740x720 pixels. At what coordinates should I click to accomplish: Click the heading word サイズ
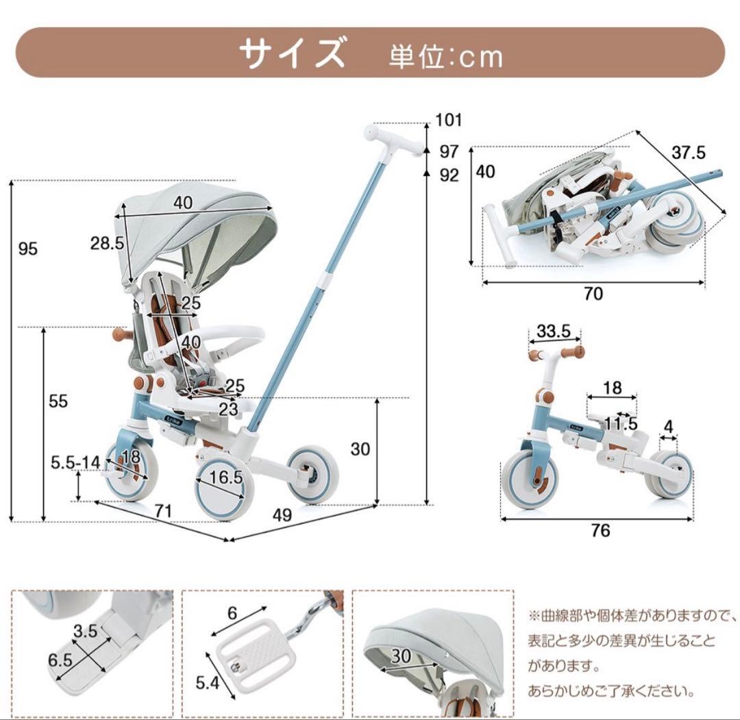pyautogui.click(x=292, y=53)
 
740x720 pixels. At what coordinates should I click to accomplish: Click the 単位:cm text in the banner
pyautogui.click(x=445, y=57)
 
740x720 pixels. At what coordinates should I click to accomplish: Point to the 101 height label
pyautogui.click(x=449, y=121)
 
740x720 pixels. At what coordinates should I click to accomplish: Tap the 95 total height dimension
pyautogui.click(x=27, y=249)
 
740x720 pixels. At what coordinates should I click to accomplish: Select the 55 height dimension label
pyautogui.click(x=58, y=401)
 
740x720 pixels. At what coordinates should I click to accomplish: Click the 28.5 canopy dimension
pyautogui.click(x=106, y=243)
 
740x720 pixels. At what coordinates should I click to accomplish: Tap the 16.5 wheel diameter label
pyautogui.click(x=226, y=477)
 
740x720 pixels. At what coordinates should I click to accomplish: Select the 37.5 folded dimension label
pyautogui.click(x=688, y=153)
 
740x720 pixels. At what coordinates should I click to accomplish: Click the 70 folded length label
pyautogui.click(x=593, y=294)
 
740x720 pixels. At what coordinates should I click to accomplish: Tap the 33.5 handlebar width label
pyautogui.click(x=554, y=332)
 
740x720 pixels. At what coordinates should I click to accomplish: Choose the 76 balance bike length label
pyautogui.click(x=600, y=531)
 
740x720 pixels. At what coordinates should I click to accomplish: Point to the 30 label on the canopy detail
pyautogui.click(x=402, y=656)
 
